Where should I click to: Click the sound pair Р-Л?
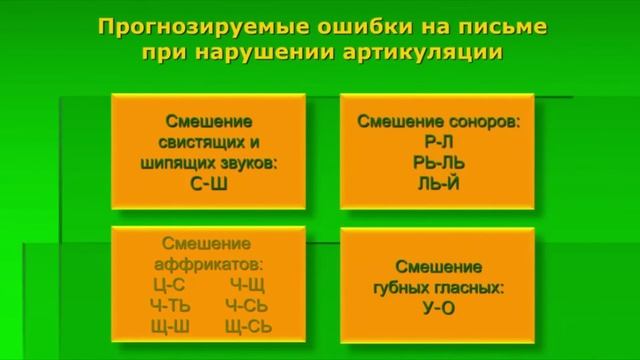[438, 142]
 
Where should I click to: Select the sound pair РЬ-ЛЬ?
[438, 162]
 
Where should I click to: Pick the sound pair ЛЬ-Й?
[438, 183]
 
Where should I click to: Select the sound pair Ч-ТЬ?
[169, 306]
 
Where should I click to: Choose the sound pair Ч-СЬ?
[246, 306]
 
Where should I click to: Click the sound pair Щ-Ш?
[169, 327]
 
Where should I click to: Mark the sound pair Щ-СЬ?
[248, 327]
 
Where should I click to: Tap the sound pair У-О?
[438, 308]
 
